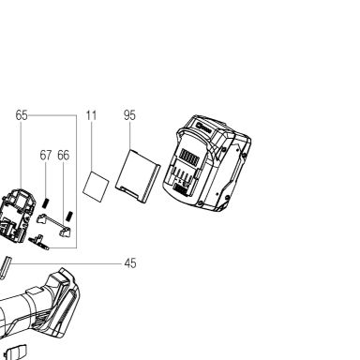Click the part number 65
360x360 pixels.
[22, 115]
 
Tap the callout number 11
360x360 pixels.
[91, 115]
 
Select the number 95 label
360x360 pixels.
[129, 115]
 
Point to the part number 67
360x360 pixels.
[46, 156]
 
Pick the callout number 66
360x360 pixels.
[64, 156]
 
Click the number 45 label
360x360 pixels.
[130, 263]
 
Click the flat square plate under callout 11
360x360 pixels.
[96, 187]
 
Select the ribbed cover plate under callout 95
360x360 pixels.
[138, 176]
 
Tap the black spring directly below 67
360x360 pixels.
[46, 203]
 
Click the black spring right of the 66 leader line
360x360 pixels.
[69, 217]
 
